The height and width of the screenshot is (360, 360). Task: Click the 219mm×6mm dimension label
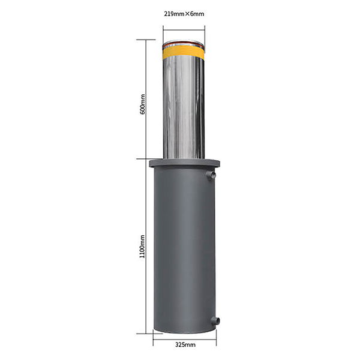(184, 14)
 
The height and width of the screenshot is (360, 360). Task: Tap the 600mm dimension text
(143, 104)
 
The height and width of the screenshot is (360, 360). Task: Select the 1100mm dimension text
(142, 247)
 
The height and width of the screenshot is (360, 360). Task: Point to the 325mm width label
(185, 344)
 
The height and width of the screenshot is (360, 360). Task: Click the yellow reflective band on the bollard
(184, 53)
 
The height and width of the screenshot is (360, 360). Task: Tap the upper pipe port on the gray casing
(211, 175)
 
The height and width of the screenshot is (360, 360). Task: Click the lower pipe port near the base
(215, 321)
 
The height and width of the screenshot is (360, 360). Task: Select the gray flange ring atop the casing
(184, 163)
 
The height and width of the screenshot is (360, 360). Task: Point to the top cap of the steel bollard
(184, 43)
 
